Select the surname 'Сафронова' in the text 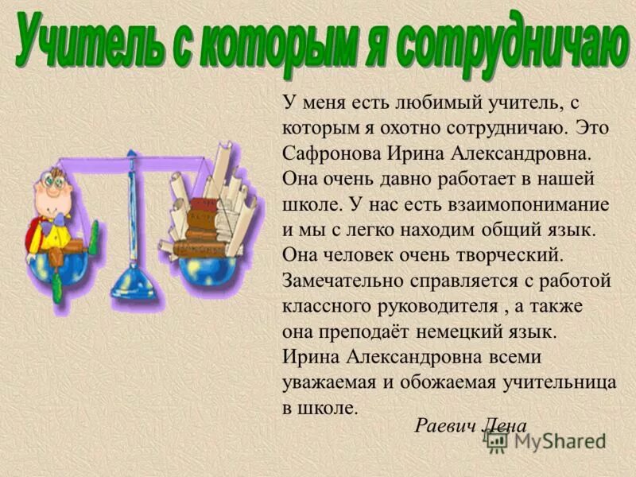point(331,152)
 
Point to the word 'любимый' point(413,101)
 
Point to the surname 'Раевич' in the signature point(445,425)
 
